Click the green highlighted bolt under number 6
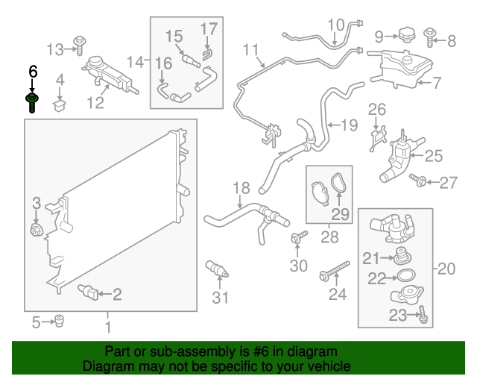point(31,103)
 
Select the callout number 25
point(434,156)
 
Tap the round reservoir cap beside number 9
point(407,35)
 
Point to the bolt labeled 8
point(430,37)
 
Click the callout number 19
point(349,125)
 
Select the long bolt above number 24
point(334,271)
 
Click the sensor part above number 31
point(217,269)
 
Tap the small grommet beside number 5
point(59,321)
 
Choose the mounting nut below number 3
point(37,230)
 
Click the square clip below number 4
point(60,104)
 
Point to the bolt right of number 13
point(80,46)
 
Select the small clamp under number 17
point(207,54)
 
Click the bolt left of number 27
point(417,180)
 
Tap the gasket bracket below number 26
point(378,139)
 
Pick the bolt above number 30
point(299,237)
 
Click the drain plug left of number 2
point(88,292)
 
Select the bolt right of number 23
point(423,314)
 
